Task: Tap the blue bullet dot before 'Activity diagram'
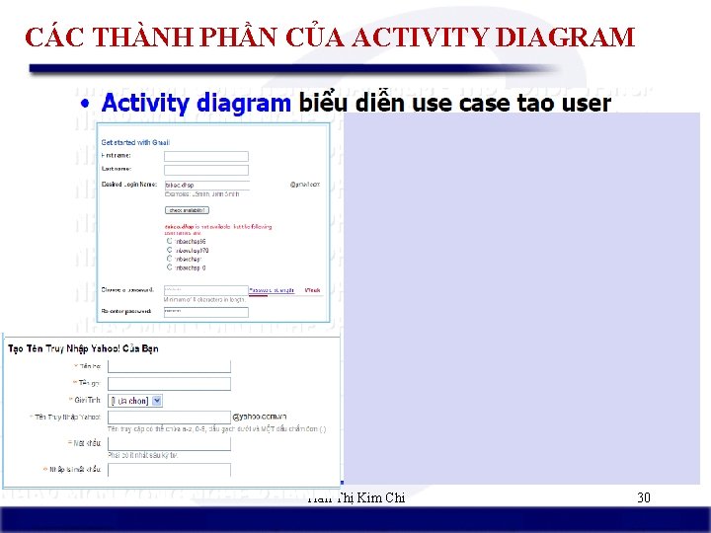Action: [x=87, y=103]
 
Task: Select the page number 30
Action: [x=643, y=497]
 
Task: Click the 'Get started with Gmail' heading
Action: [x=135, y=143]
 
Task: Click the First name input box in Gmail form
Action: [x=205, y=156]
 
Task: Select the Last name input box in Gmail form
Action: [x=205, y=169]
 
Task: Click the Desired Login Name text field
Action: [x=205, y=184]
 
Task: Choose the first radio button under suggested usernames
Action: [x=169, y=241]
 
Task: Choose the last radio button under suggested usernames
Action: [x=169, y=267]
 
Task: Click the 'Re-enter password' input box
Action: [x=205, y=312]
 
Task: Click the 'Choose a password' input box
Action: [x=205, y=290]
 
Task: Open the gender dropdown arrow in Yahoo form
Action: [x=157, y=400]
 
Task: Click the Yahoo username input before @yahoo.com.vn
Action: [x=168, y=418]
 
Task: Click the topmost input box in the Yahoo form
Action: [x=168, y=366]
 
